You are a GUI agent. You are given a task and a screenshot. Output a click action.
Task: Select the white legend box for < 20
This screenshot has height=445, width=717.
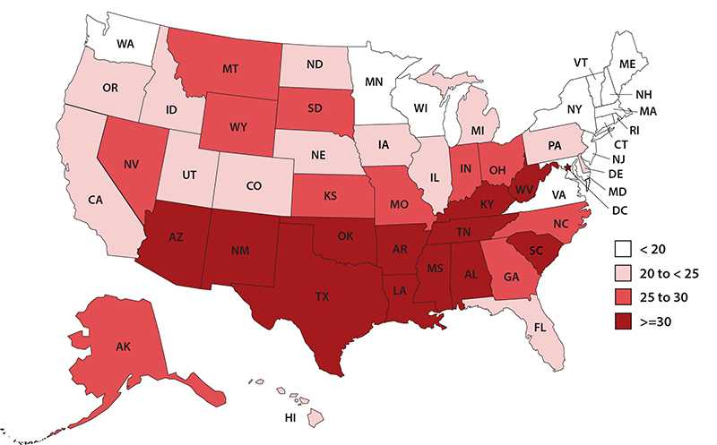point(624,247)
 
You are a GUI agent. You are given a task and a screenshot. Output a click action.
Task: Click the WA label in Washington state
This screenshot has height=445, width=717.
point(125,42)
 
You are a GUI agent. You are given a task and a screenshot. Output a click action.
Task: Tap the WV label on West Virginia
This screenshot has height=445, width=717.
point(524,190)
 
